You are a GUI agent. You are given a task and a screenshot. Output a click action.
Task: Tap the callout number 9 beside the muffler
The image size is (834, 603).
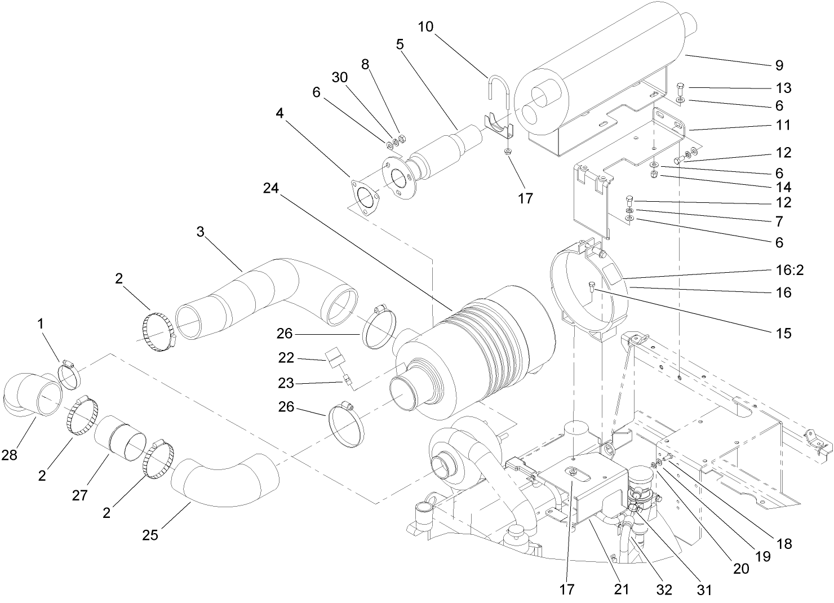pos(779,66)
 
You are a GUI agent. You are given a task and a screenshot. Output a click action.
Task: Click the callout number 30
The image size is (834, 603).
pos(340,78)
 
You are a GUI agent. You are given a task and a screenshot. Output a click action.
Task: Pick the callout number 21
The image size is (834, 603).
pos(620,589)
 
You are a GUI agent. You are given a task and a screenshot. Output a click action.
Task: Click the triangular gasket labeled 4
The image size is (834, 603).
pos(365,201)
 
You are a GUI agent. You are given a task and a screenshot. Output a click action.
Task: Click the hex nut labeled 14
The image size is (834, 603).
pos(655,176)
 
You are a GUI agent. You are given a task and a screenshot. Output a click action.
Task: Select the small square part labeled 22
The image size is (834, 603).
pos(335,355)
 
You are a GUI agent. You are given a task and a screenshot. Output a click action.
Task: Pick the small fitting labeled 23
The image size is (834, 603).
pos(347,382)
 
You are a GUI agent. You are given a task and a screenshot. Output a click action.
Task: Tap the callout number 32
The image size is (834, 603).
pos(664,589)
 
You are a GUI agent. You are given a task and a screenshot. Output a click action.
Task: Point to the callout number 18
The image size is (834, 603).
pos(784,544)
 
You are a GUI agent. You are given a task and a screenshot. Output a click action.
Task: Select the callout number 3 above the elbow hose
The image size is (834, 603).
pos(200,232)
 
